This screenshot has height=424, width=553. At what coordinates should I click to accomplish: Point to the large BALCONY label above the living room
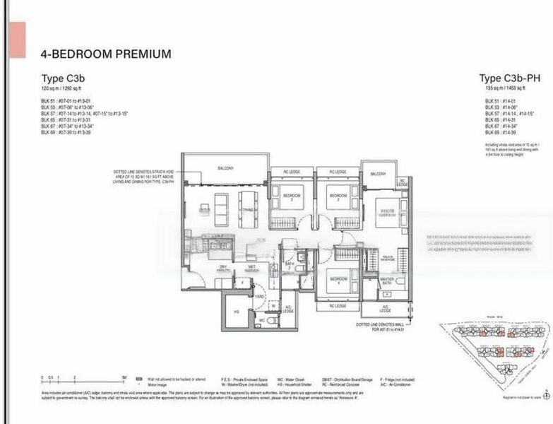coord(225,168)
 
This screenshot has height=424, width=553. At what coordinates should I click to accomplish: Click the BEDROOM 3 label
coord(292,195)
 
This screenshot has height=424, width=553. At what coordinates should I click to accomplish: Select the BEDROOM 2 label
coord(338,195)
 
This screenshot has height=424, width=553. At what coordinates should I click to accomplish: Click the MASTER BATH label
coord(386,281)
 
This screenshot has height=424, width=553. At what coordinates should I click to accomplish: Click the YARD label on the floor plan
coord(260,296)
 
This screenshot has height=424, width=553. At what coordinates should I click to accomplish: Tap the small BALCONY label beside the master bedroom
coord(379,174)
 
